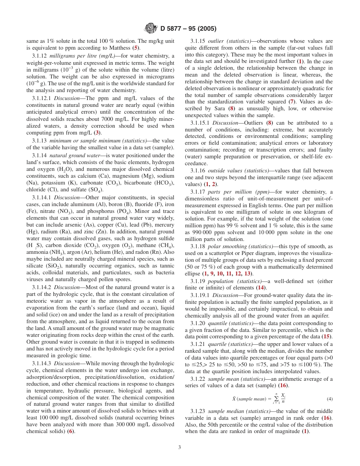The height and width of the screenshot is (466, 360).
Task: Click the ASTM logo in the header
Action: pyautogui.click(x=151, y=28)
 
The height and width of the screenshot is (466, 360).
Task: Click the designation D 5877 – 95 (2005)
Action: pyautogui.click(x=188, y=29)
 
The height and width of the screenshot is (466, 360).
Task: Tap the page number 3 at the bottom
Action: pyautogui.click(x=180, y=447)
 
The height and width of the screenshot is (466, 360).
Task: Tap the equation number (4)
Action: pyautogui.click(x=330, y=399)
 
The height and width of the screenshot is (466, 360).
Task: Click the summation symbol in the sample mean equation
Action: pyautogui.click(x=276, y=399)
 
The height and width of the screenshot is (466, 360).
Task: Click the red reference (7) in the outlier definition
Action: pyautogui.click(x=291, y=102)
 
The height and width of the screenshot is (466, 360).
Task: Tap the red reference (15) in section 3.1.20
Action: pyautogui.click(x=326, y=336)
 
